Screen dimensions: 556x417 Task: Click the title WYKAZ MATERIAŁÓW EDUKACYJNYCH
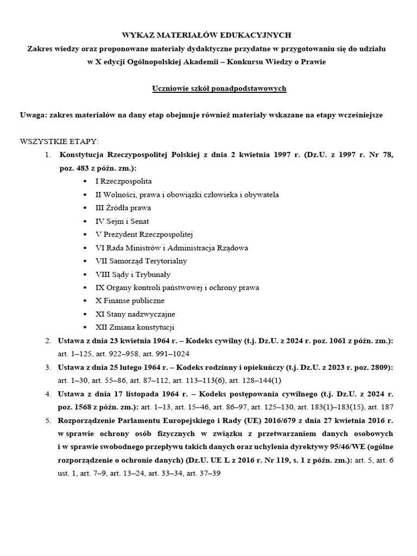[206, 35]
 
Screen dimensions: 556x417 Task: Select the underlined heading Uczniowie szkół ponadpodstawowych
[219, 89]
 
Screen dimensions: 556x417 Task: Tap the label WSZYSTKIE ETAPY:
[59, 142]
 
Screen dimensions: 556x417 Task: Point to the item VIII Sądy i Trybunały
[133, 274]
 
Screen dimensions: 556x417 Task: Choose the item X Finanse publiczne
[130, 301]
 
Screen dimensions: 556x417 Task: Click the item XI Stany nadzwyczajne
[135, 314]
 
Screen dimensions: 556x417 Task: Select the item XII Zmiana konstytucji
[135, 327]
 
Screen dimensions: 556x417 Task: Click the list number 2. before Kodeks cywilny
[48, 340]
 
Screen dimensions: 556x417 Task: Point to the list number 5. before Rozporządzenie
[48, 420]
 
